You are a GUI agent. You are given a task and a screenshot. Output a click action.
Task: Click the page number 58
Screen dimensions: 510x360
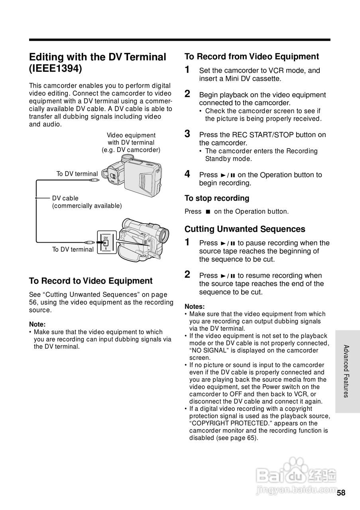[341, 492]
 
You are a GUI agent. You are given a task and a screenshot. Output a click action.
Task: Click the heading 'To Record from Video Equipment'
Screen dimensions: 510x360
[252, 57]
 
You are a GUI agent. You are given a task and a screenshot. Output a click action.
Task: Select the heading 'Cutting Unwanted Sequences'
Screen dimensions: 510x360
[245, 229]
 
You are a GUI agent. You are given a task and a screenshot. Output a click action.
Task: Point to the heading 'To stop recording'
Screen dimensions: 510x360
[216, 198]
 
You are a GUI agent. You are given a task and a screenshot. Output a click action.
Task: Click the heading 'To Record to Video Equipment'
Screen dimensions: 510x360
[90, 281]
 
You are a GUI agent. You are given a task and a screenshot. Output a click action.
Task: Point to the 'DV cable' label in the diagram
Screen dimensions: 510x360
[65, 198]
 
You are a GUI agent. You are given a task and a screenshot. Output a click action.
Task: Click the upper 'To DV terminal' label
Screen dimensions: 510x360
[77, 174]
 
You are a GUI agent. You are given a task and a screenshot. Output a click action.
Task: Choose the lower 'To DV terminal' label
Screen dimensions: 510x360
[73, 249]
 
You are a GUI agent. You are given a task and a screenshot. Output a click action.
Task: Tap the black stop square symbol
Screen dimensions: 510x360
[208, 212]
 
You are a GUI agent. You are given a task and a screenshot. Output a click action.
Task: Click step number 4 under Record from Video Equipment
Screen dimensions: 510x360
[187, 174]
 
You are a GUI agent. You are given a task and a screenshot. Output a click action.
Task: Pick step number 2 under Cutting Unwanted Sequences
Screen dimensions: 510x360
[187, 274]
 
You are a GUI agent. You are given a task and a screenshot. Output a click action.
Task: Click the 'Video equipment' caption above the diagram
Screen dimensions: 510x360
[131, 135]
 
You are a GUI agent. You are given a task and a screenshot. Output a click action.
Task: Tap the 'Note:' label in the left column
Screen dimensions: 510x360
[37, 324]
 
